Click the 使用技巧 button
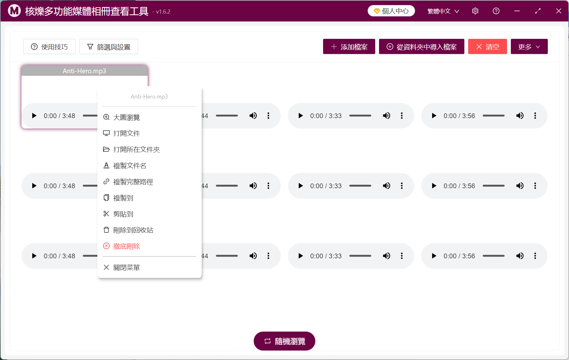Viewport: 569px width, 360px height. tap(49, 47)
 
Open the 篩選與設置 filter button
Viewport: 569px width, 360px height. tap(108, 47)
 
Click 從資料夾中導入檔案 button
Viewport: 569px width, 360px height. tap(421, 47)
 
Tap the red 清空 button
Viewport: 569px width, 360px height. tap(487, 47)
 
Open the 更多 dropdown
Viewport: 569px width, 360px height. tap(529, 47)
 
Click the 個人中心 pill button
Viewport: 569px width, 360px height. tap(391, 11)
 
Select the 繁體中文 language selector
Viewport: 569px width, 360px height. tap(443, 11)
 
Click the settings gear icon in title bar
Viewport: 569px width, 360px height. tap(475, 11)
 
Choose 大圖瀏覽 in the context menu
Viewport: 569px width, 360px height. tap(126, 117)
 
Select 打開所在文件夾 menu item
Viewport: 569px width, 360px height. tap(136, 149)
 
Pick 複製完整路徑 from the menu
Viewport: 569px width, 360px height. tap(133, 182)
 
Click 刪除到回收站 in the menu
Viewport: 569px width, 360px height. tap(133, 230)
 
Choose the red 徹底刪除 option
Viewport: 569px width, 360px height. tap(126, 246)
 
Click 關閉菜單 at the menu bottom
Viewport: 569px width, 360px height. tap(126, 268)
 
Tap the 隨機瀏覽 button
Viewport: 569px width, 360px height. tap(284, 341)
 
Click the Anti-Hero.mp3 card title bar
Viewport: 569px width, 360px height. tap(84, 71)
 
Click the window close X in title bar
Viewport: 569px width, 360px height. tap(559, 11)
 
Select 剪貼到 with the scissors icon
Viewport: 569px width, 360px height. tap(123, 214)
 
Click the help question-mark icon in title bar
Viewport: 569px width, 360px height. tap(496, 11)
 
